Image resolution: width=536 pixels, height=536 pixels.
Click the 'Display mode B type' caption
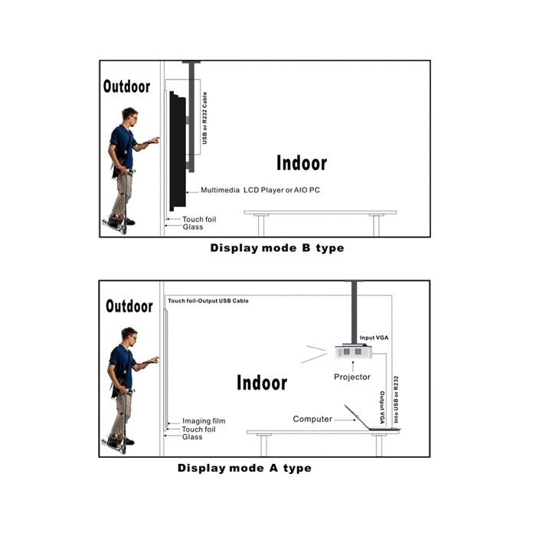[x=277, y=248]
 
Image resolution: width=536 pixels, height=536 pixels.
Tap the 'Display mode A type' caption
[x=244, y=469]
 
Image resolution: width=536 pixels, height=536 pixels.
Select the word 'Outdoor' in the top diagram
[x=126, y=87]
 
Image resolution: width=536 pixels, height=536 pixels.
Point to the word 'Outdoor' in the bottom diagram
[x=129, y=306]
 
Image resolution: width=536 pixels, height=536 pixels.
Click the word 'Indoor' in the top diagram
[x=302, y=163]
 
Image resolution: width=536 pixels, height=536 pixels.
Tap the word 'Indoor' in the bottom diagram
[x=262, y=383]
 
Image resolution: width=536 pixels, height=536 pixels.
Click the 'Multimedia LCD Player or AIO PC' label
[x=260, y=190]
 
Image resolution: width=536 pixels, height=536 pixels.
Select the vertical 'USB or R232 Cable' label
[x=204, y=118]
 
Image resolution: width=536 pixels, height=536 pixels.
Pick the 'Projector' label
[x=352, y=377]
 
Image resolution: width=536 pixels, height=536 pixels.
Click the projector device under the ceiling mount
[x=354, y=351]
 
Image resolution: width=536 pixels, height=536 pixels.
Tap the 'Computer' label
[x=312, y=419]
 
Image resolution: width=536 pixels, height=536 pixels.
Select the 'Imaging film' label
[x=204, y=421]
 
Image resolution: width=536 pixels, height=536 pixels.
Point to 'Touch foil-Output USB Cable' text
[x=208, y=301]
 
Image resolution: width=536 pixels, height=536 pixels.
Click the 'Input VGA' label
[x=374, y=338]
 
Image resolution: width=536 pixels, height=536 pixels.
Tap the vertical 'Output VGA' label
[x=382, y=407]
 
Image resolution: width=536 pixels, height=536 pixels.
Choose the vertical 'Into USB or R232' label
[x=396, y=400]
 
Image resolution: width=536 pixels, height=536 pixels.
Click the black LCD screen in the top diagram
[x=178, y=151]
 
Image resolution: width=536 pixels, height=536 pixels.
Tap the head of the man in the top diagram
[x=130, y=116]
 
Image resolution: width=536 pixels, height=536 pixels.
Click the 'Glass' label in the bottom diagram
[x=192, y=437]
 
